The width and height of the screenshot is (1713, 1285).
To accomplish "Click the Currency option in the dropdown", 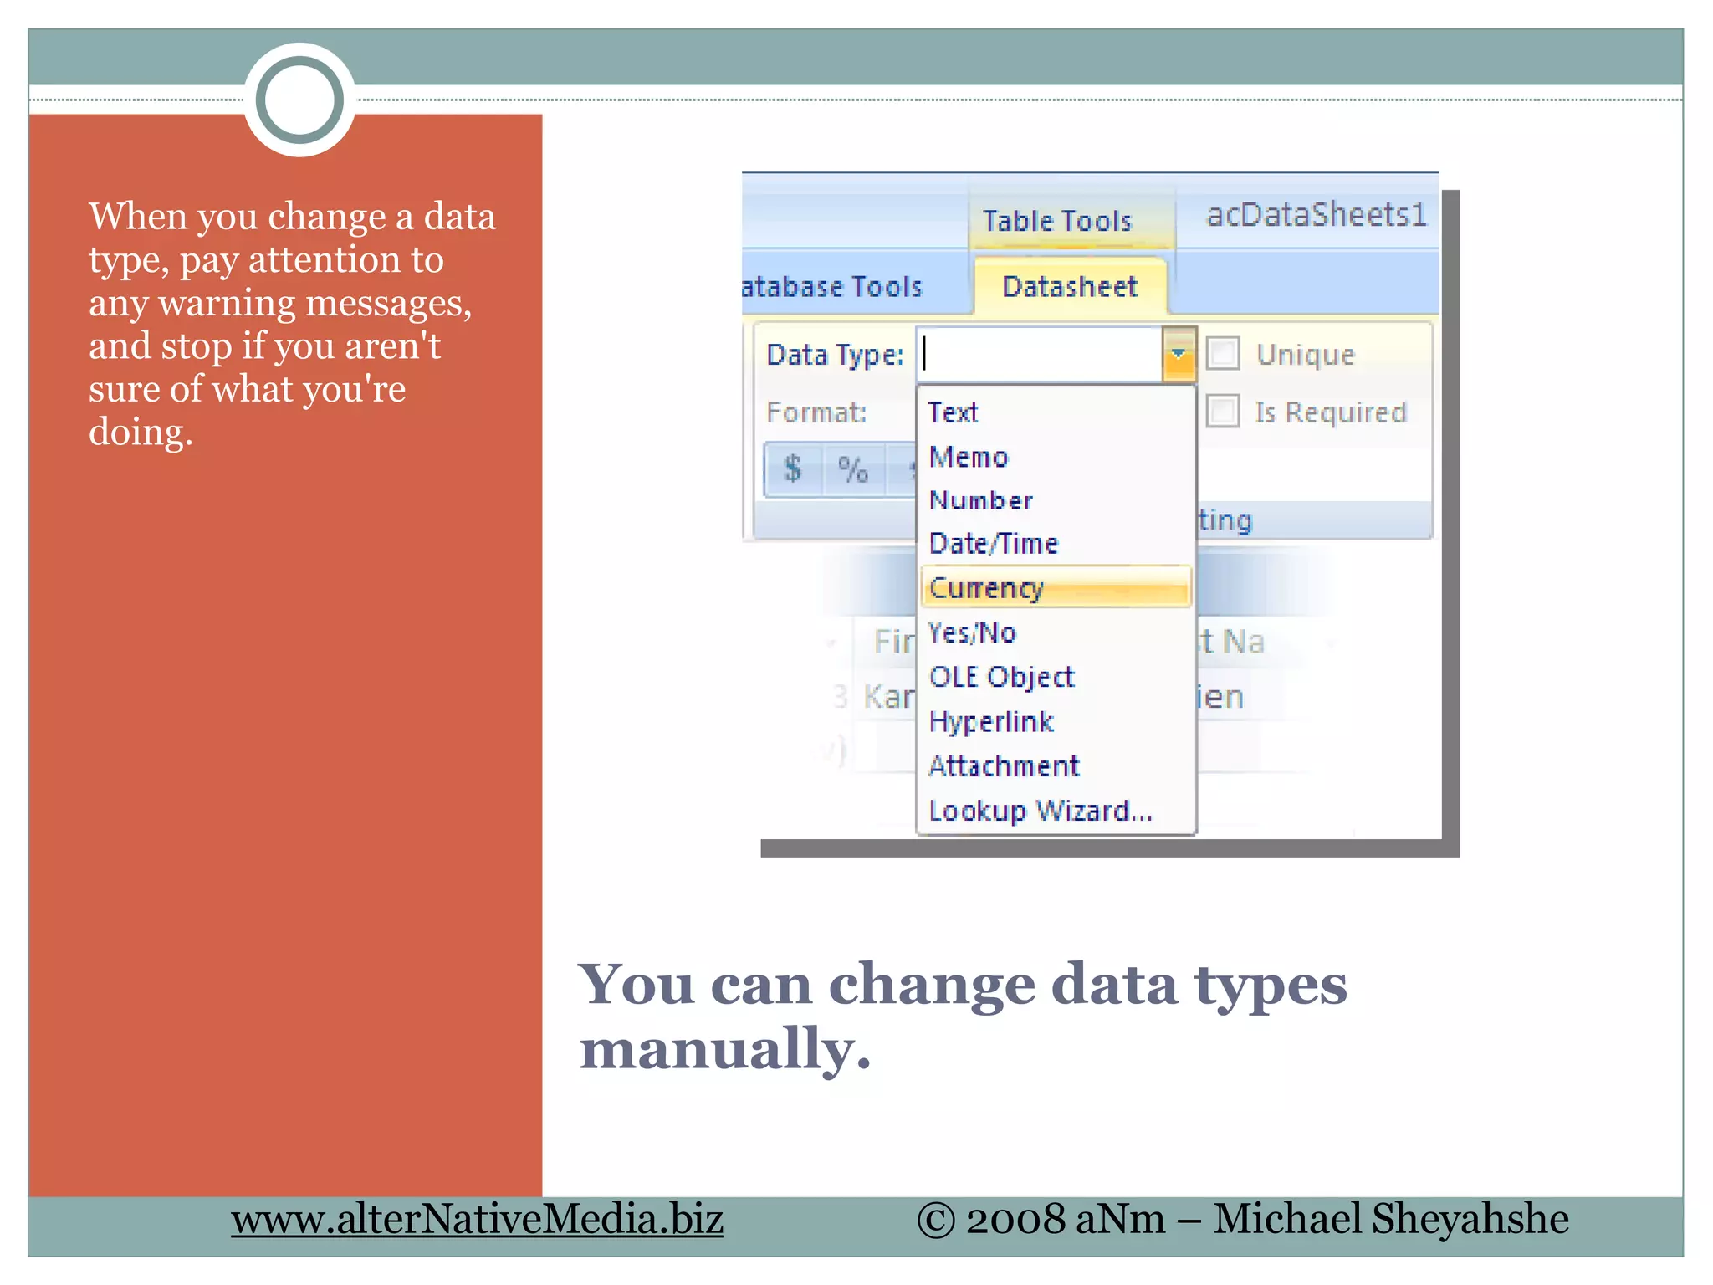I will pos(987,587).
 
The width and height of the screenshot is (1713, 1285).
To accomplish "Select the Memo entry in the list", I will pos(969,457).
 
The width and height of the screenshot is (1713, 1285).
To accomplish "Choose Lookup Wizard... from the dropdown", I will pos(1040,810).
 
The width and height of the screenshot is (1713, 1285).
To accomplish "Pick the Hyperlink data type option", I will pos(991,721).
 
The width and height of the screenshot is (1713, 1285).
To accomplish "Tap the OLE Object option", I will pos(1001,676).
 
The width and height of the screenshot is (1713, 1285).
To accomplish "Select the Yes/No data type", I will pos(972,632).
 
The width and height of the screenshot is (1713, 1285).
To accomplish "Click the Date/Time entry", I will pos(994,544).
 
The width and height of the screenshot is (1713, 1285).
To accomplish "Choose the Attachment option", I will pos(1004,765).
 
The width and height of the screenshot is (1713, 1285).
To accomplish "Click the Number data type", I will pos(981,500).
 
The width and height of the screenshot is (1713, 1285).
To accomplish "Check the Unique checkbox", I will pos(1223,353).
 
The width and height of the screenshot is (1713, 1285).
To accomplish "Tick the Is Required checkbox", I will pos(1223,412).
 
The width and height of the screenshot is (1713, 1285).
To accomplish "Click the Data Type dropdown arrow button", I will pos(1179,355).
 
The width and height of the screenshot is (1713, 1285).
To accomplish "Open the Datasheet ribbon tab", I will pos(1070,287).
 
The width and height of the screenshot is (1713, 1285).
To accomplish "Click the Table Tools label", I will pos(1057,221).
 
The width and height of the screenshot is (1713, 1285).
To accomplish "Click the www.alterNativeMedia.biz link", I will pos(477,1219).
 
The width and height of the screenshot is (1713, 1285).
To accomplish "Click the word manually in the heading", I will pos(724,1048).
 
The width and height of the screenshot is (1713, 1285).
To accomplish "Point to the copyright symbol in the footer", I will pos(936,1220).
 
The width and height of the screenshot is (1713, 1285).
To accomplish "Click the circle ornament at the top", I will pos(299,100).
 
